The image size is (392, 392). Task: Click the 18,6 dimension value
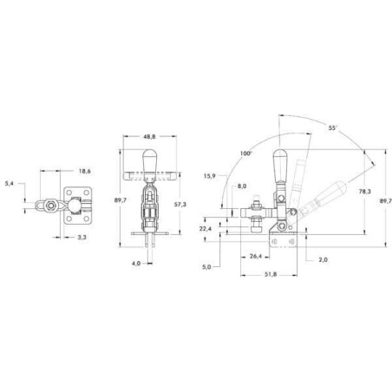tap(84, 171)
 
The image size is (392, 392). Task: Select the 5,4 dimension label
tap(10, 183)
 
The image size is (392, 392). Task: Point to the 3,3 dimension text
tap(82, 238)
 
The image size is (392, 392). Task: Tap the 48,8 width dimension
tap(149, 136)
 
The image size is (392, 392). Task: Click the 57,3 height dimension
tap(180, 205)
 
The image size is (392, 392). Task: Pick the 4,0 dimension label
tap(136, 264)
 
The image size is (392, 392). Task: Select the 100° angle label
tap(246, 154)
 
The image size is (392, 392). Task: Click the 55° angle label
tap(333, 127)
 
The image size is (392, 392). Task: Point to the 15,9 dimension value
tap(210, 176)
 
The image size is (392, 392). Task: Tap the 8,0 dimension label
tap(242, 186)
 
